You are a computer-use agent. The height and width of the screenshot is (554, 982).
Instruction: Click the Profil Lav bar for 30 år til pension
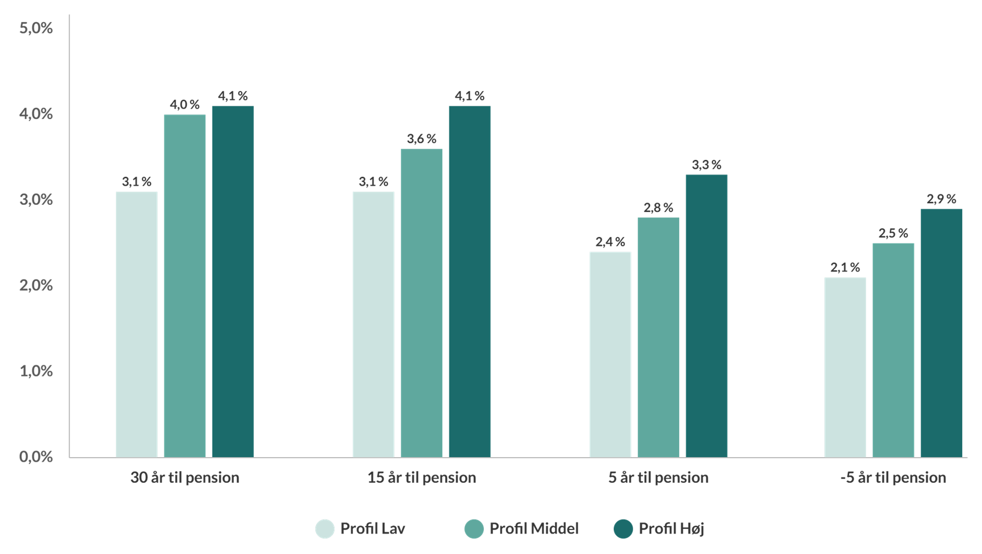click(137, 324)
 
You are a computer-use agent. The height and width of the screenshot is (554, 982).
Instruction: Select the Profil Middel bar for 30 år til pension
click(185, 285)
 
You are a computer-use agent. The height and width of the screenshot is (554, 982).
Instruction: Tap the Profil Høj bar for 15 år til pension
click(470, 281)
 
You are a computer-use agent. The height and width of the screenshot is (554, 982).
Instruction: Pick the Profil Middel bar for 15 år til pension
click(422, 302)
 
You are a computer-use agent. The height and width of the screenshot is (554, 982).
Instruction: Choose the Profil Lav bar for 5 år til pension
click(610, 354)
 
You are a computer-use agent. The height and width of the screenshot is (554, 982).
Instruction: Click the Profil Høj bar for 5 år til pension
click(707, 315)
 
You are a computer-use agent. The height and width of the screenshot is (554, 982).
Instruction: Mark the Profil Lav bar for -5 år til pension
click(845, 367)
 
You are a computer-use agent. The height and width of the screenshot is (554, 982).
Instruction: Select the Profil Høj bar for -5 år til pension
click(942, 333)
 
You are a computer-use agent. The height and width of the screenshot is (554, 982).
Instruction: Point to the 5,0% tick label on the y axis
click(36, 28)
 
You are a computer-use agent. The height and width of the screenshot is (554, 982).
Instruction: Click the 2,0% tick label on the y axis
click(36, 285)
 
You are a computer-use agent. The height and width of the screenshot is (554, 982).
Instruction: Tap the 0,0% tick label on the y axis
click(36, 457)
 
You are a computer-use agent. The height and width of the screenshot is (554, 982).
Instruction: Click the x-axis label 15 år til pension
click(422, 478)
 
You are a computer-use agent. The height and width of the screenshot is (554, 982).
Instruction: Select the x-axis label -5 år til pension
click(893, 478)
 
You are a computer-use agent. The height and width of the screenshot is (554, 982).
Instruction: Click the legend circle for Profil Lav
click(325, 529)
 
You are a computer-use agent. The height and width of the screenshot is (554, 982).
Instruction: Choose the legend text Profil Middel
click(534, 529)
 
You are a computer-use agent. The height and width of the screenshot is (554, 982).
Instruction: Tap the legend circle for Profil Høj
click(624, 529)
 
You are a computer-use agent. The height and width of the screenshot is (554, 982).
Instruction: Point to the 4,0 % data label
click(185, 104)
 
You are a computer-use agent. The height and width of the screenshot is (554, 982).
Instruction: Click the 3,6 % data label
click(422, 139)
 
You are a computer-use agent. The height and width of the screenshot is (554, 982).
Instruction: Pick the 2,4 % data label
click(610, 242)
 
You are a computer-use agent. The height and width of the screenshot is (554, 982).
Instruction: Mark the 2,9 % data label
click(942, 199)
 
